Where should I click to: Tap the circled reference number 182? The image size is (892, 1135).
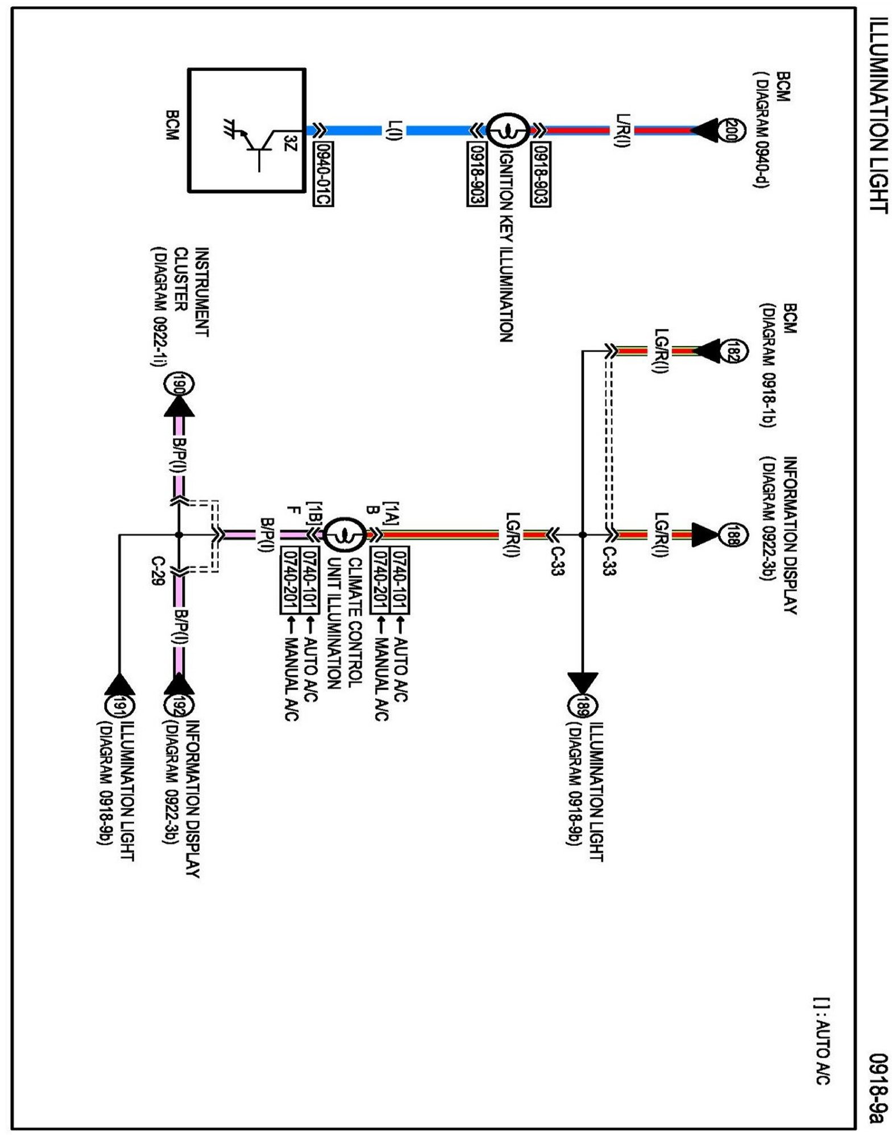(729, 350)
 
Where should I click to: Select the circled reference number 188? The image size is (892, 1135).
(729, 535)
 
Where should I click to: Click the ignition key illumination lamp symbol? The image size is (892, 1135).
(508, 132)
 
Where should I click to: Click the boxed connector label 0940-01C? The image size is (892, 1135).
(323, 173)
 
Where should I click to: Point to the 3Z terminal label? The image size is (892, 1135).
(290, 143)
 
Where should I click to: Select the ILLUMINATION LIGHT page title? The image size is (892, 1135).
(878, 115)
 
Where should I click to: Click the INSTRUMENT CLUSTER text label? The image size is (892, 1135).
(191, 292)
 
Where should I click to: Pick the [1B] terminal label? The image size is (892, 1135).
(314, 514)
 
